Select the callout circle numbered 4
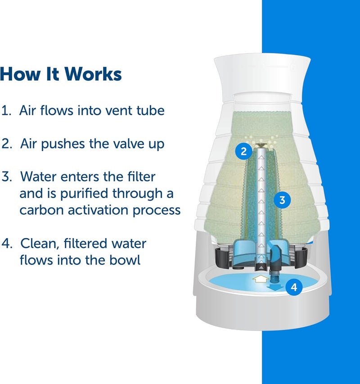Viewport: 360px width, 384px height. click(294, 287)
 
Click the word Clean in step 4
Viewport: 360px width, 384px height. click(37, 244)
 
